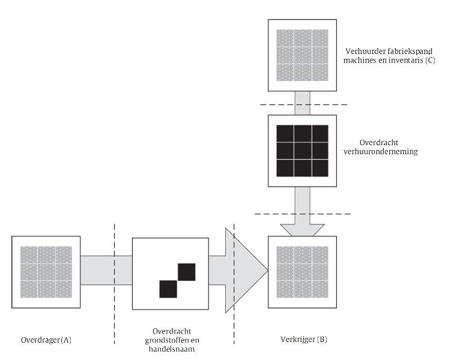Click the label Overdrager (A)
pyautogui.click(x=46, y=340)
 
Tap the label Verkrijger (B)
pyautogui.click(x=304, y=339)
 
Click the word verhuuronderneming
pyautogui.click(x=381, y=151)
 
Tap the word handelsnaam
pyautogui.click(x=172, y=349)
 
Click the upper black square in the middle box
pyautogui.click(x=187, y=272)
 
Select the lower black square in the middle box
pyautogui.click(x=168, y=289)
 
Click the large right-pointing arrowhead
pyautogui.click(x=247, y=270)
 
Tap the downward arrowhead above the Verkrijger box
pyautogui.click(x=302, y=230)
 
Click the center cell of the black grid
pyautogui.click(x=303, y=151)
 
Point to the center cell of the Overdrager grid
pyautogui.click(x=46, y=272)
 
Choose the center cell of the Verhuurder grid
pyautogui.click(x=303, y=55)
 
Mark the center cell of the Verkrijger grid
pyautogui.click(x=303, y=272)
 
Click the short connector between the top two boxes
pyautogui.click(x=302, y=103)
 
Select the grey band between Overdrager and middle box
pyautogui.click(x=106, y=270)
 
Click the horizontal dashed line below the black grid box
pyautogui.click(x=303, y=214)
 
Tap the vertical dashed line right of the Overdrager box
pyautogui.click(x=115, y=284)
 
